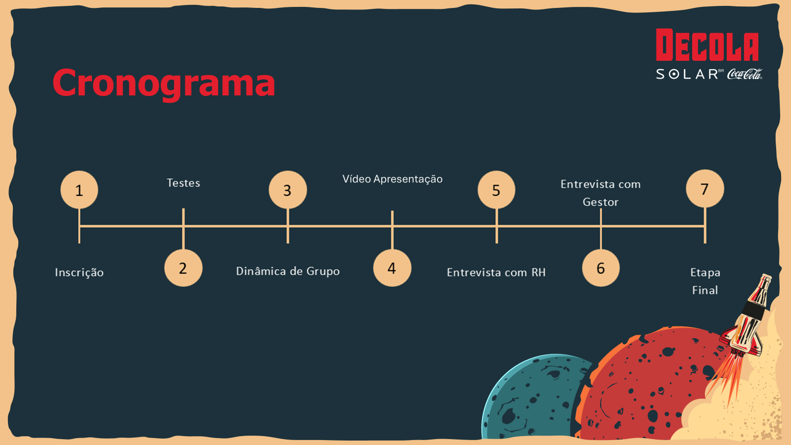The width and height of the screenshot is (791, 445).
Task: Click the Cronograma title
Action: coord(164,83)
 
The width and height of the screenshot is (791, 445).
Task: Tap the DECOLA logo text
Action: coord(707,45)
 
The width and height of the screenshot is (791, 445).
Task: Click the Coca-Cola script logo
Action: coord(745,74)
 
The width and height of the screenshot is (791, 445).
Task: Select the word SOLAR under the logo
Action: coord(687,74)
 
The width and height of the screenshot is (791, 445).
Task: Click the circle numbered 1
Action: coord(79,190)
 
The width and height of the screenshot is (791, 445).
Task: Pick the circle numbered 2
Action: coord(183,268)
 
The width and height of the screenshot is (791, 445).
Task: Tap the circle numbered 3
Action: coord(288,190)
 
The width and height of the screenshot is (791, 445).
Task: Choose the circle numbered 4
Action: coord(392,268)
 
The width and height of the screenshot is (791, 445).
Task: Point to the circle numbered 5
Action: coord(496,190)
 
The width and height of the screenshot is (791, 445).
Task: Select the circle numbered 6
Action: coord(601,268)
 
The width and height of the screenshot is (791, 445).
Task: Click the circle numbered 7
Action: coord(705,189)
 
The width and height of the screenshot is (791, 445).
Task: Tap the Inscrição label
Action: coord(79,272)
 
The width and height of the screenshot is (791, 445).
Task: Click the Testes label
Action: coord(183,183)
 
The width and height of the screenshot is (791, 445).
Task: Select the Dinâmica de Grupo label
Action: coord(288,271)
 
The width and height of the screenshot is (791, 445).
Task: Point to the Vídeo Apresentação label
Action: coord(393,179)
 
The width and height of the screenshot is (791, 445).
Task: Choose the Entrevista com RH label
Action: coord(496,272)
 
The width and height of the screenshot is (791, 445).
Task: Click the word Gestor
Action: coord(601,202)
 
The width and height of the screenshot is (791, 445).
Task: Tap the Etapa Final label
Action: coord(705,281)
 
